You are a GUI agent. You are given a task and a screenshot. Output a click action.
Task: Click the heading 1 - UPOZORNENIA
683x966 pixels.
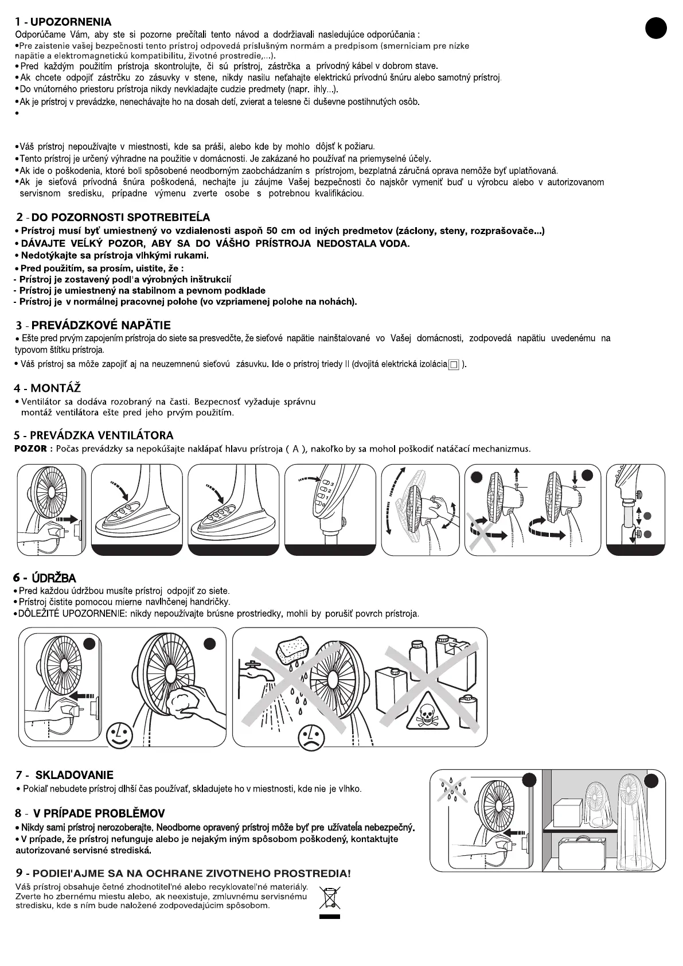point(63,22)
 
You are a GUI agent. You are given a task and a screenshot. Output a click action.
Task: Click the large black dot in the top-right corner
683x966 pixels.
point(656,28)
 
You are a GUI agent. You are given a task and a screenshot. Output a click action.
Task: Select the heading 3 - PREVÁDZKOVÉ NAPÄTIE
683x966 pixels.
point(93,325)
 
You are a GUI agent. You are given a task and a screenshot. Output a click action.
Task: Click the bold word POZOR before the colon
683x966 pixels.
point(30,449)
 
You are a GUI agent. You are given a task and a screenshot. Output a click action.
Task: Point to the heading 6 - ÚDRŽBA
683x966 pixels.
point(45,578)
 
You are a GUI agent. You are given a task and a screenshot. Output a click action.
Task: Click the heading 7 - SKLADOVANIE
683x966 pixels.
point(65,774)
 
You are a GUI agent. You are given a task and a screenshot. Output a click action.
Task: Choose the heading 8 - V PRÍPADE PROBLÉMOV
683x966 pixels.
point(90,813)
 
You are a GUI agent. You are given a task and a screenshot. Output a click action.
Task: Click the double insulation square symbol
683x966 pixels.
point(454,364)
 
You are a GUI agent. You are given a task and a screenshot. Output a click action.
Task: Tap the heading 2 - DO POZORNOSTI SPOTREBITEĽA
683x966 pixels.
point(113,217)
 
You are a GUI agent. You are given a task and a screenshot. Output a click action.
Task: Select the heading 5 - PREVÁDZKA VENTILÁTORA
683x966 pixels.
point(93,435)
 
